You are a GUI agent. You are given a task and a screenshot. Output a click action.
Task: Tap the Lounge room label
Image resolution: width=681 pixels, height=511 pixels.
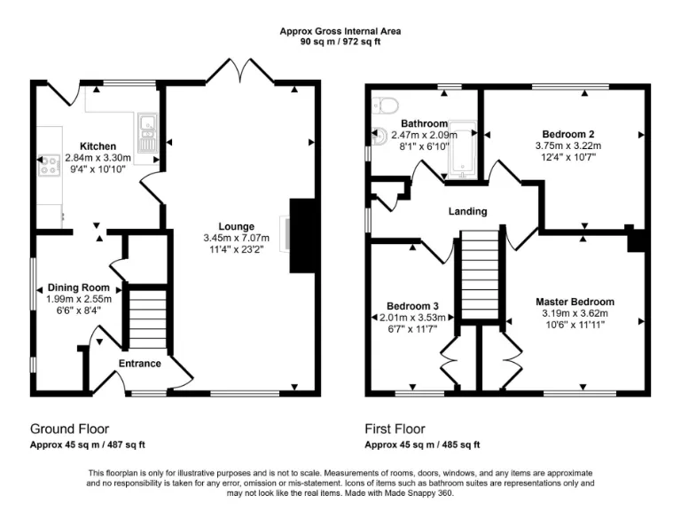coord(238,226)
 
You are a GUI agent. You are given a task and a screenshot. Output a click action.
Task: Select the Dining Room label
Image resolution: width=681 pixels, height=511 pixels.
coord(79,287)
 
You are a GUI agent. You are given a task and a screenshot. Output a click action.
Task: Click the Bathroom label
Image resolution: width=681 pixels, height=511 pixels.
coord(424,123)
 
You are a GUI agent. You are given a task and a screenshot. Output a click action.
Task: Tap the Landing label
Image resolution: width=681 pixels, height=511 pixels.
coord(467,211)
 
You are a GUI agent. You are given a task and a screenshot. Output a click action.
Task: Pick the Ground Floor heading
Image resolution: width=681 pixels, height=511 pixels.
coord(69,428)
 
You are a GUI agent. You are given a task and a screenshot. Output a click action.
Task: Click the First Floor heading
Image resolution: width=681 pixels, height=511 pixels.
coord(395,428)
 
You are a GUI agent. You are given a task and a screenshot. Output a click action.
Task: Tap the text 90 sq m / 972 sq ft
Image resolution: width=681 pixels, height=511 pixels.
coord(340,41)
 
